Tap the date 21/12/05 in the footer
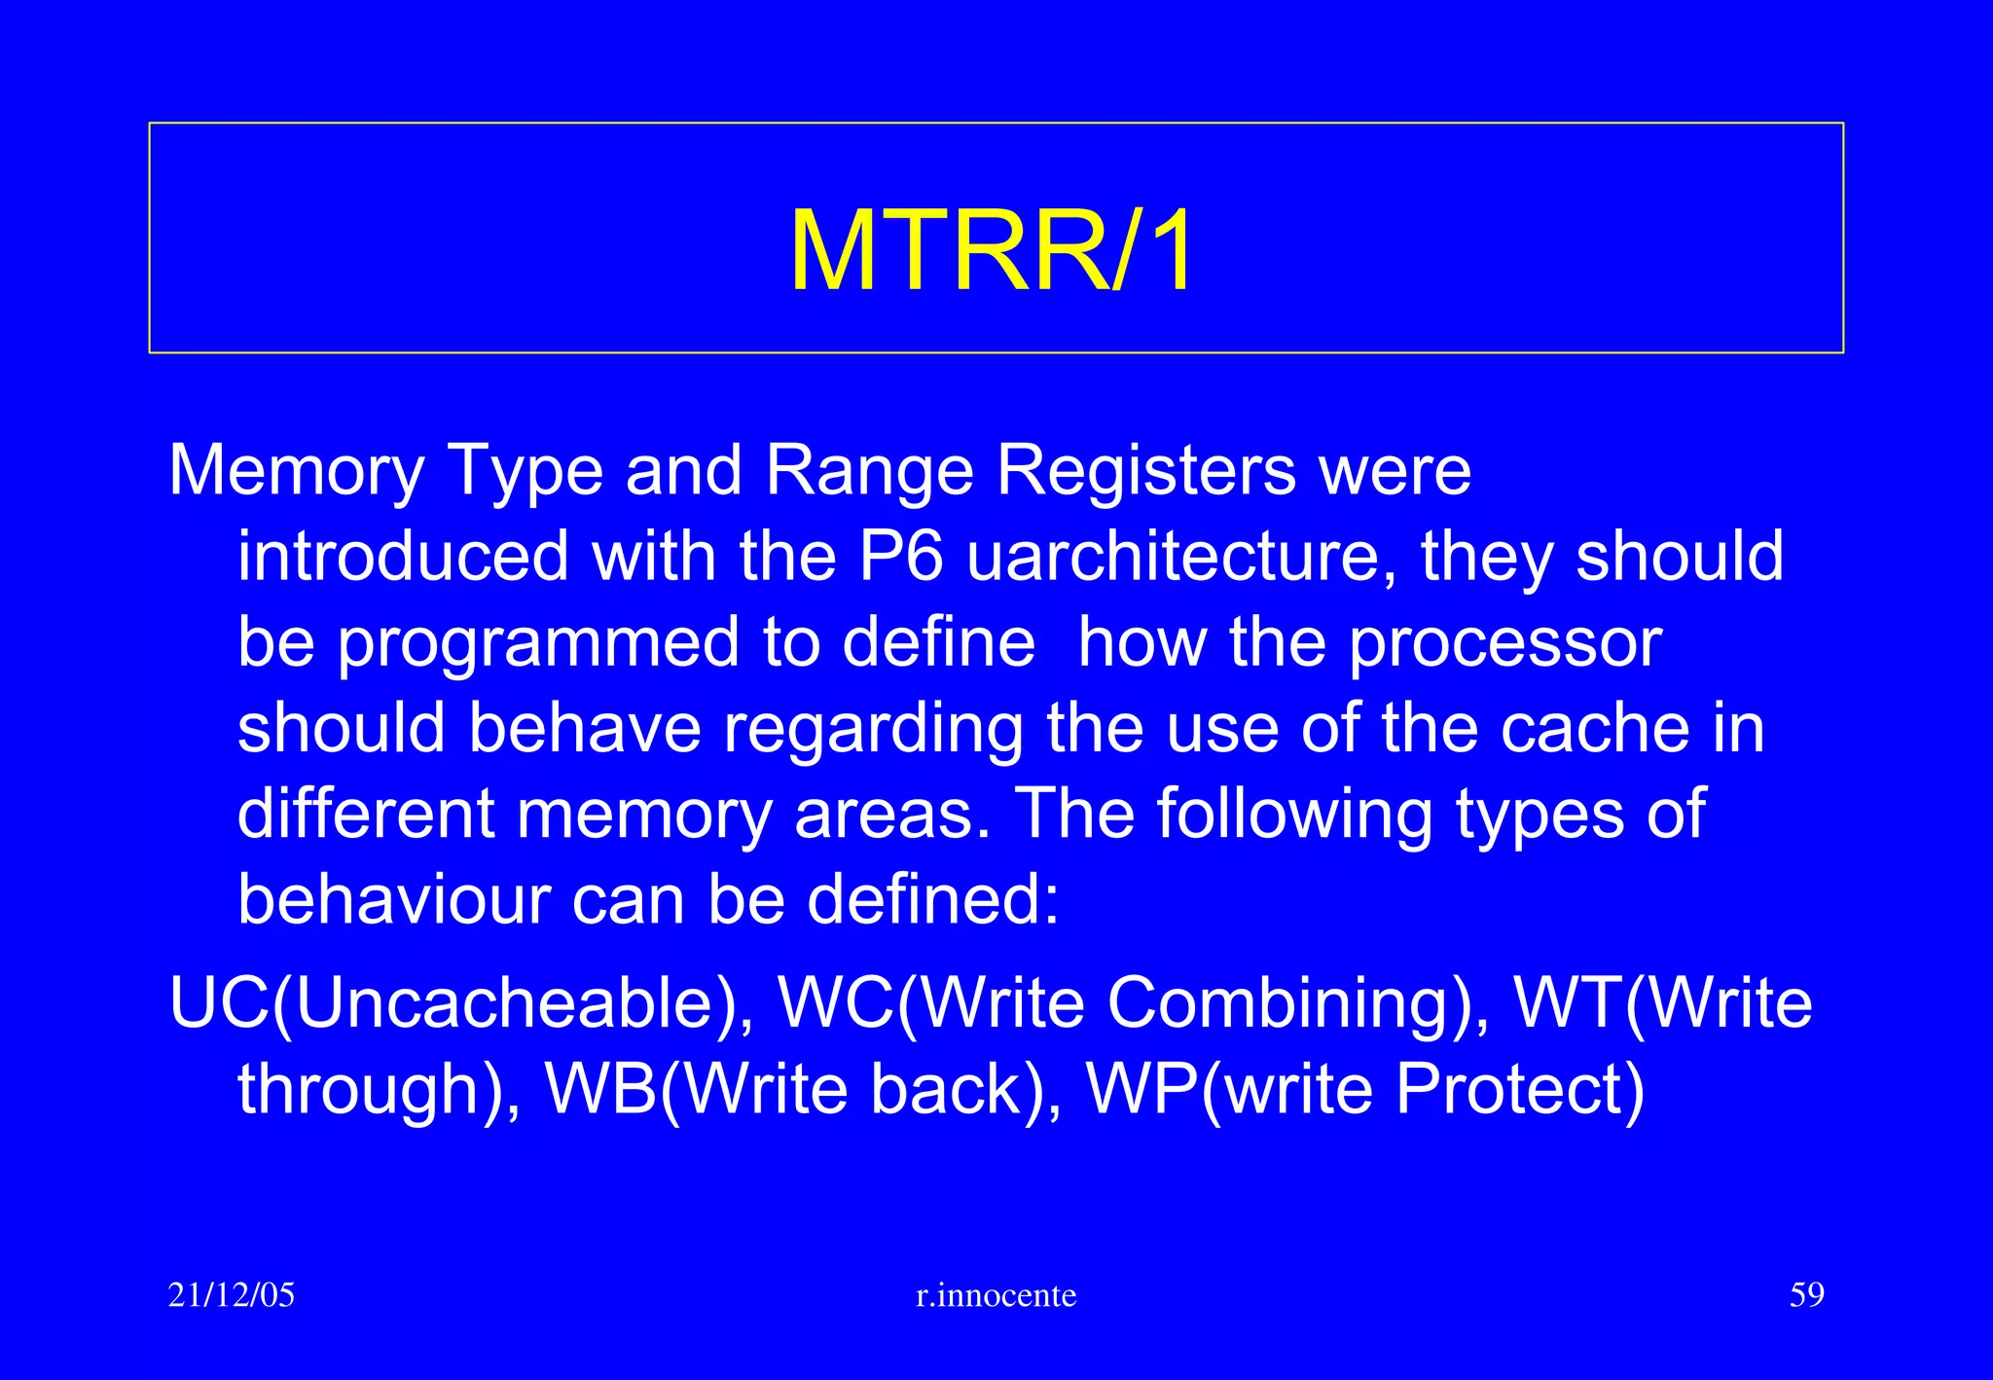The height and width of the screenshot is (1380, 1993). [232, 1295]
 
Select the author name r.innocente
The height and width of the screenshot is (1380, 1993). [996, 1295]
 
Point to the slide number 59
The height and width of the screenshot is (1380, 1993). [1806, 1295]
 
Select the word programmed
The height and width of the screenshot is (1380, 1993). [539, 643]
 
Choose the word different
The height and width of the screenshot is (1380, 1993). [366, 814]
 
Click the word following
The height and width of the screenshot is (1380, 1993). [1294, 814]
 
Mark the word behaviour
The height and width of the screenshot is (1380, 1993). [394, 899]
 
